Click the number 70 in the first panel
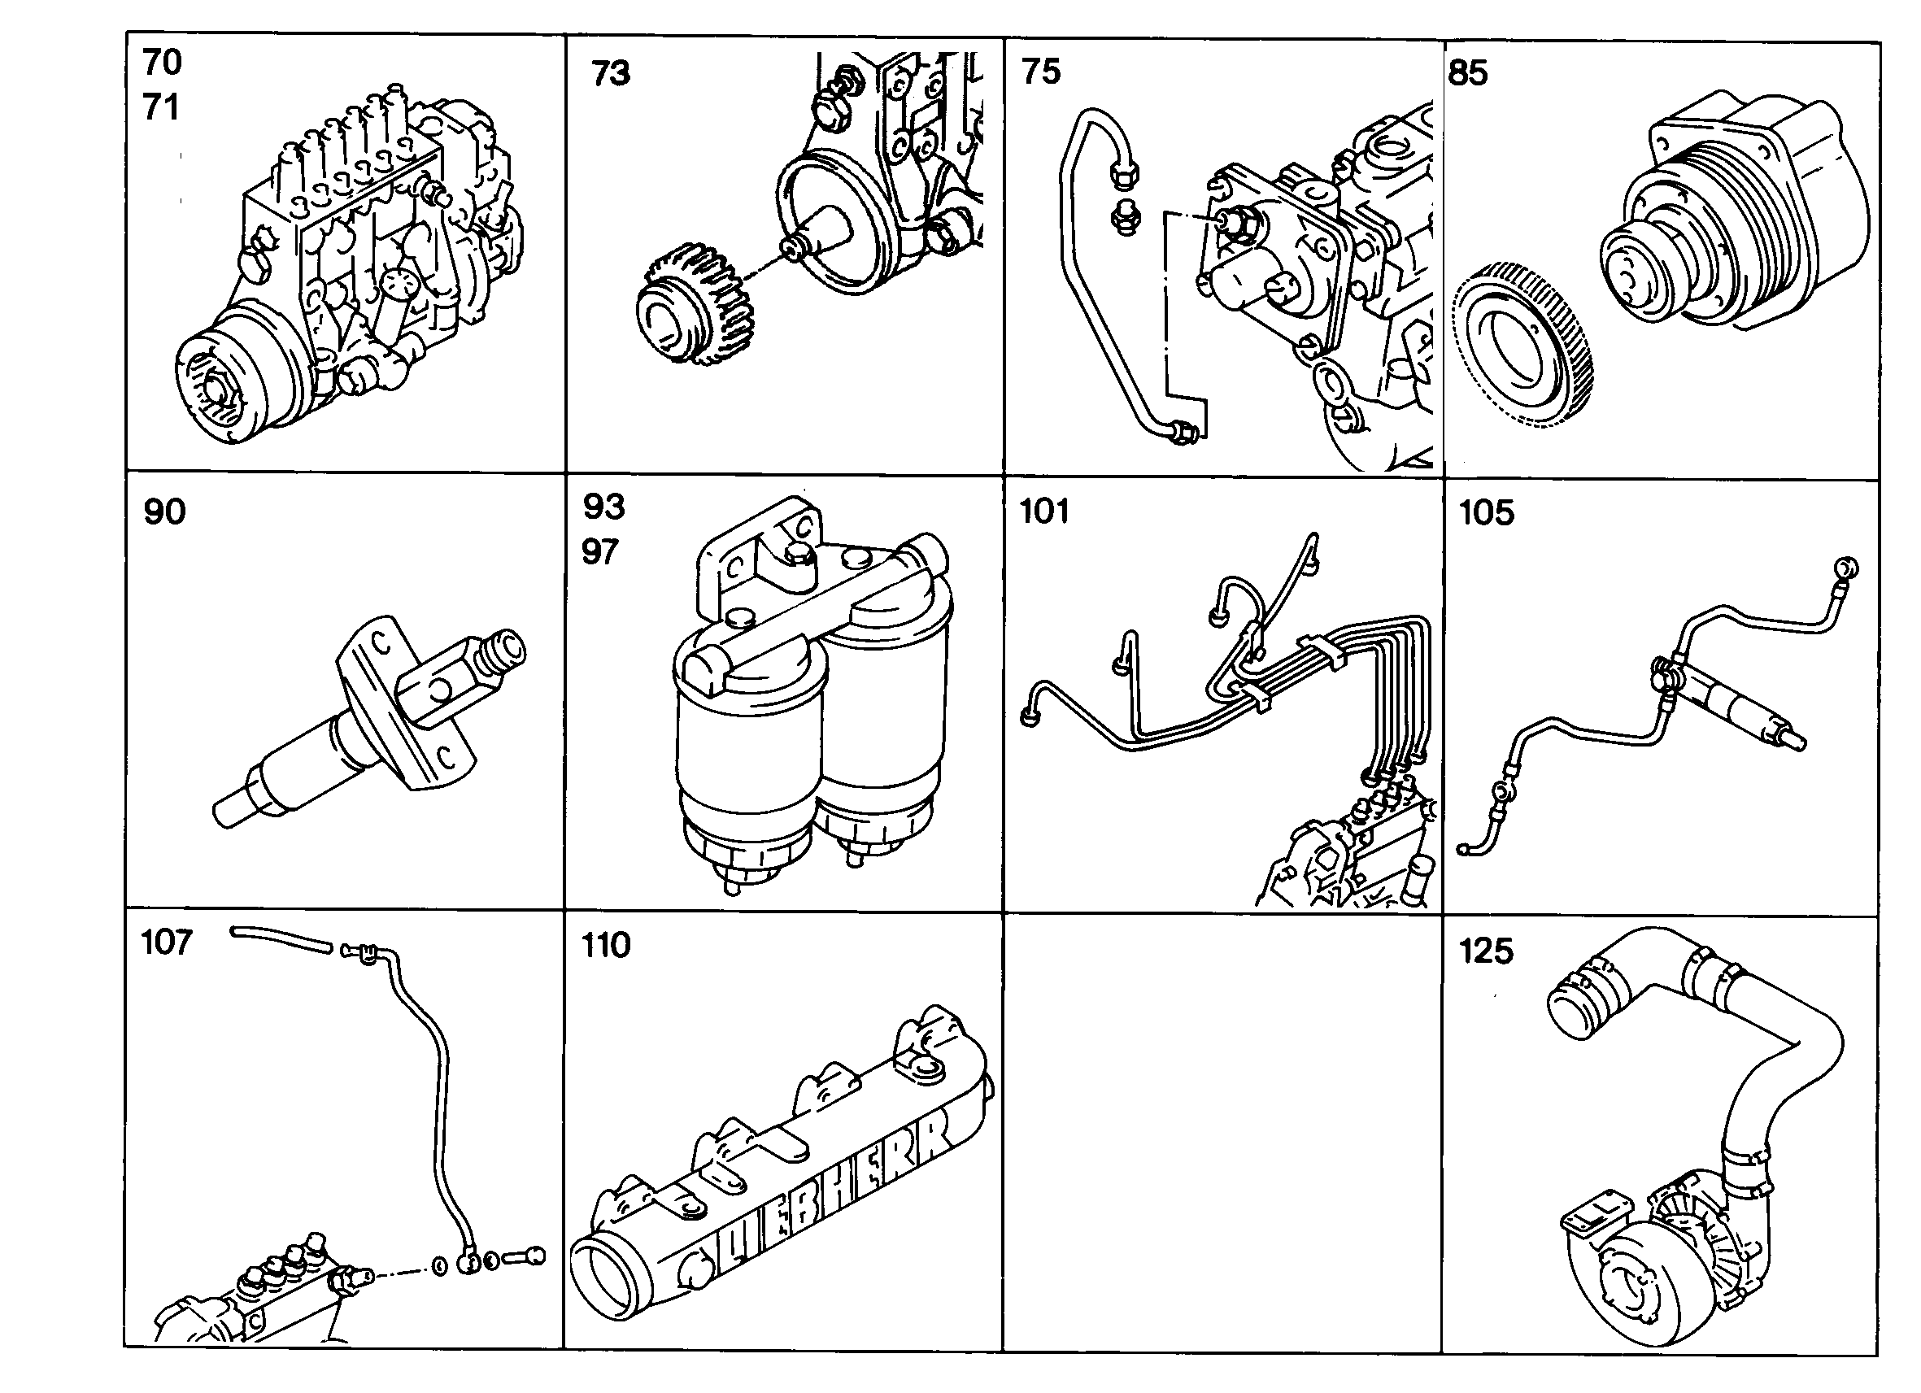pyautogui.click(x=162, y=63)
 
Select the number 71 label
pyautogui.click(x=161, y=107)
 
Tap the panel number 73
pyautogui.click(x=611, y=73)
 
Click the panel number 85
pyautogui.click(x=1468, y=73)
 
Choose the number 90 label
pyautogui.click(x=164, y=511)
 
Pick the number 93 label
pyautogui.click(x=603, y=507)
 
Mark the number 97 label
pyautogui.click(x=599, y=552)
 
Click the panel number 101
pyautogui.click(x=1044, y=511)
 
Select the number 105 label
pyautogui.click(x=1487, y=513)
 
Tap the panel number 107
pyautogui.click(x=167, y=942)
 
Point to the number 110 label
pyautogui.click(x=606, y=945)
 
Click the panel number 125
pyautogui.click(x=1486, y=951)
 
